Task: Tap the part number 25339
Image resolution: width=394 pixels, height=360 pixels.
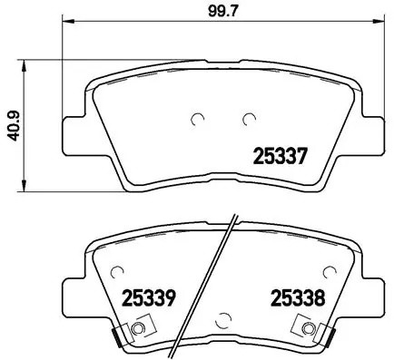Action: click(x=147, y=297)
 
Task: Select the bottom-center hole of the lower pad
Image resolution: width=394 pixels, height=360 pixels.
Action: click(x=223, y=316)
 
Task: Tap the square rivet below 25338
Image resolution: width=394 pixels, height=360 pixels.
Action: click(x=310, y=329)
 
